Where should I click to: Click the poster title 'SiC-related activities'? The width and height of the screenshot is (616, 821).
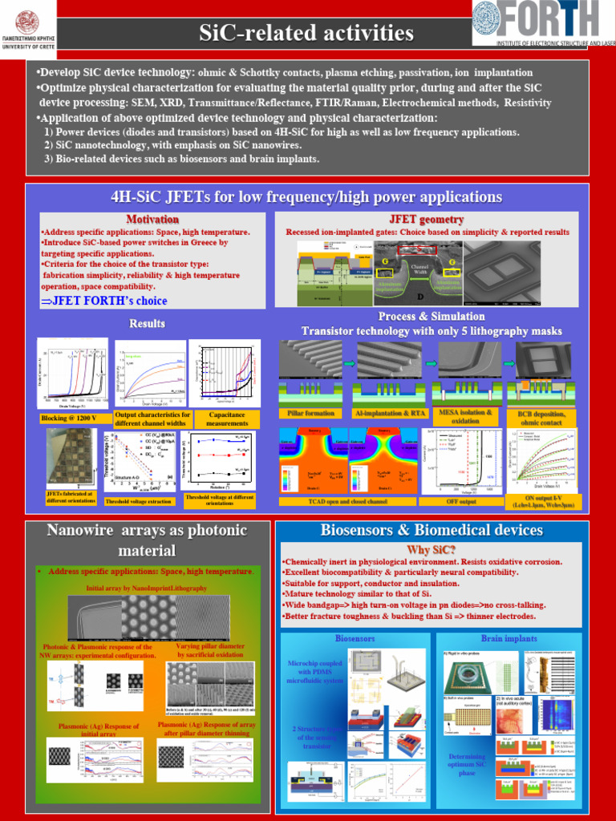click(306, 33)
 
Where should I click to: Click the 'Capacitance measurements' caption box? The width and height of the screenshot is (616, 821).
click(227, 419)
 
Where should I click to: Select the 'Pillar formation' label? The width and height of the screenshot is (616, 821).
click(310, 413)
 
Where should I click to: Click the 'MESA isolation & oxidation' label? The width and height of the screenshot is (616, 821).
click(465, 415)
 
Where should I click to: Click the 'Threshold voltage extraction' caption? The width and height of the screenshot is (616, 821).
click(138, 501)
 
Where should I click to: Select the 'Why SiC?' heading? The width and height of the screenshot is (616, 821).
click(431, 549)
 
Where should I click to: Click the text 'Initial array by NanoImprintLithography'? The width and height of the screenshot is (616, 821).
click(147, 588)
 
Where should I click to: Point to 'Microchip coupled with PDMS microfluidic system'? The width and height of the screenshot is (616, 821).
click(315, 673)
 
